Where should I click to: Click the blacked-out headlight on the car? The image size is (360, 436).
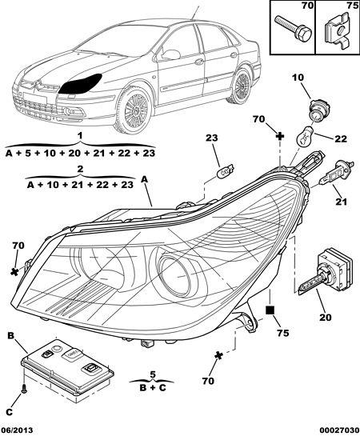pyautogui.click(x=80, y=84)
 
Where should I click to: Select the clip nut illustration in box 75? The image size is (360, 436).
pyautogui.click(x=338, y=34)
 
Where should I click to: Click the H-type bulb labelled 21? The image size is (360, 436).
pyautogui.click(x=336, y=174)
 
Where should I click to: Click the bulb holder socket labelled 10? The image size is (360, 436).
pyautogui.click(x=317, y=110)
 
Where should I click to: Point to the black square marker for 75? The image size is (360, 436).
pyautogui.click(x=270, y=310)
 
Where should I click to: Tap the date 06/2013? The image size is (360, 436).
pyautogui.click(x=17, y=430)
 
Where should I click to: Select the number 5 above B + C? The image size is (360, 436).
pyautogui.click(x=152, y=375)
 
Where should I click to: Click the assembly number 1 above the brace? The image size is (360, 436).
pyautogui.click(x=80, y=136)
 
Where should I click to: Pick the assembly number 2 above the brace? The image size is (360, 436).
pyautogui.click(x=80, y=169)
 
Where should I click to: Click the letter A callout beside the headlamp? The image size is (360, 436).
pyautogui.click(x=144, y=180)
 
